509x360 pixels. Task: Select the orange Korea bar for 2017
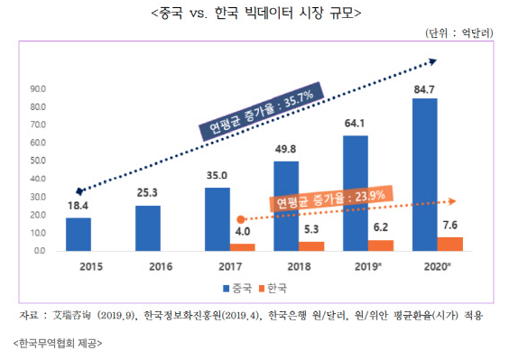tap(241, 246)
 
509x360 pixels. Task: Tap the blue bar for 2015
tap(79, 234)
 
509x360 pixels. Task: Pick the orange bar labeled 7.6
tap(449, 244)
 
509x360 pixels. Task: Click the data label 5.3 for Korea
tap(311, 232)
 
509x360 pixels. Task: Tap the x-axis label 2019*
tap(367, 267)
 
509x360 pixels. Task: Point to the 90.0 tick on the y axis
tap(38, 89)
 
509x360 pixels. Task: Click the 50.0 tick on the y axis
tap(38, 161)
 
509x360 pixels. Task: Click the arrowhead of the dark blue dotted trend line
tap(432, 61)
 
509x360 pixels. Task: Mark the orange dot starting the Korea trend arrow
tap(239, 219)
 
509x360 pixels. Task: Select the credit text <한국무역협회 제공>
tap(58, 344)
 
